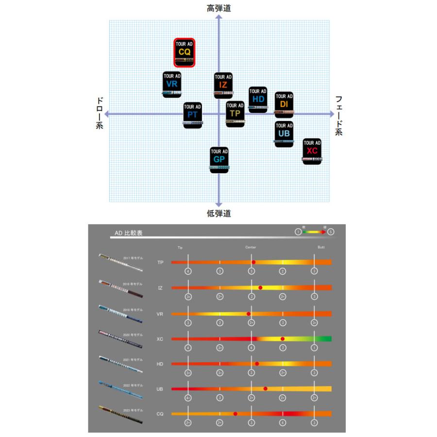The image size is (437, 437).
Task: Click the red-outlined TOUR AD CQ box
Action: click(x=185, y=53)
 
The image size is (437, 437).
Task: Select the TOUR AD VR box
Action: click(x=172, y=85)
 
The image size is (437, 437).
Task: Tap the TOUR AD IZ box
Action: click(x=223, y=85)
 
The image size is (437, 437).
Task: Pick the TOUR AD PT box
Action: click(x=192, y=115)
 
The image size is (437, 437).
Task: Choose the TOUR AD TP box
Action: click(x=235, y=114)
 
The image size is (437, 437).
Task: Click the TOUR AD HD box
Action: click(x=258, y=100)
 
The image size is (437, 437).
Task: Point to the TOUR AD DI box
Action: click(x=284, y=104)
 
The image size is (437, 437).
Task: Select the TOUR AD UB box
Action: click(x=284, y=134)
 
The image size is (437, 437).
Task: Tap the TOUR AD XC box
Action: click(x=312, y=151)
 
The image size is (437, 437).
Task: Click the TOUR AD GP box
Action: click(x=219, y=160)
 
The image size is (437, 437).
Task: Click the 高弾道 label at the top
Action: click(x=218, y=8)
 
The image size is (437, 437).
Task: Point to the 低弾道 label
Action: click(x=218, y=213)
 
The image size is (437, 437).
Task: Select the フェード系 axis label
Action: click(x=339, y=115)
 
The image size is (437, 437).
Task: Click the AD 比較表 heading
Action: click(x=129, y=233)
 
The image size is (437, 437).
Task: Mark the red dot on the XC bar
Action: click(x=282, y=338)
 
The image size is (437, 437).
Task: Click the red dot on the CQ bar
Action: click(x=235, y=414)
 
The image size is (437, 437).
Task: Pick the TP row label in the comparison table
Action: click(x=160, y=262)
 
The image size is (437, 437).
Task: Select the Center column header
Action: click(x=251, y=247)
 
